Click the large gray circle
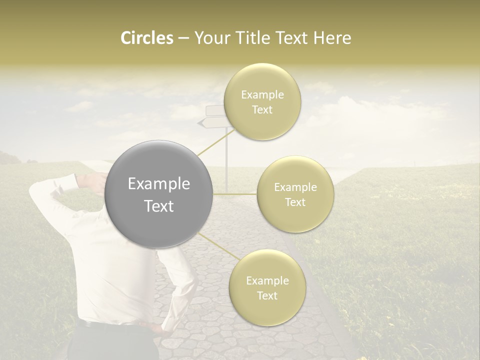(x=159, y=194)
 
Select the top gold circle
(x=262, y=101)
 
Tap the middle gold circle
(x=295, y=194)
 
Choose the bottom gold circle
(x=267, y=287)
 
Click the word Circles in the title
(x=146, y=38)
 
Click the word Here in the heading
(x=333, y=38)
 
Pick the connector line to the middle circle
(x=235, y=193)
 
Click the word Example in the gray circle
(x=159, y=183)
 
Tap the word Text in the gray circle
(x=159, y=205)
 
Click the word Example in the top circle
(x=262, y=94)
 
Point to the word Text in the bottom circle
(x=267, y=295)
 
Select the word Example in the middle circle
(x=295, y=187)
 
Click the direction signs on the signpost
(x=212, y=116)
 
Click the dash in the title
(x=183, y=38)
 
